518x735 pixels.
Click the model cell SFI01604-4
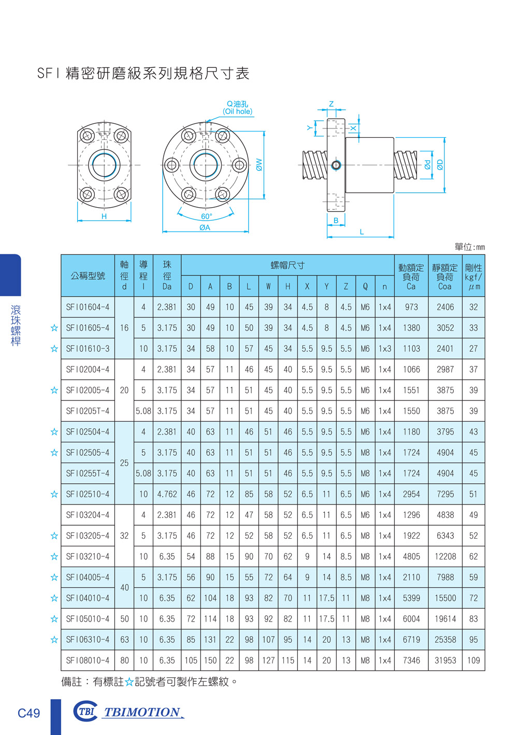click(88, 307)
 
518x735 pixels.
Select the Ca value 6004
click(411, 619)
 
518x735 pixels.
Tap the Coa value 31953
click(445, 660)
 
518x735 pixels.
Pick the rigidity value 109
click(473, 660)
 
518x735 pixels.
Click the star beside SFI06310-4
click(54, 640)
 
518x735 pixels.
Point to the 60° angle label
click(207, 217)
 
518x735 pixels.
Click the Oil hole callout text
click(238, 111)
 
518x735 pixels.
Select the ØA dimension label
click(205, 227)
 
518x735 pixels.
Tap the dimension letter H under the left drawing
click(104, 216)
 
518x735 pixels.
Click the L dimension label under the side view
click(362, 232)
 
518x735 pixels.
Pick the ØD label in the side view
click(440, 165)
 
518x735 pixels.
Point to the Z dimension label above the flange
click(332, 104)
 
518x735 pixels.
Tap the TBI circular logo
click(85, 711)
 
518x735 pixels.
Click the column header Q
click(365, 286)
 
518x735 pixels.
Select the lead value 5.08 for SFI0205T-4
click(143, 411)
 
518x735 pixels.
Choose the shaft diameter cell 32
click(124, 536)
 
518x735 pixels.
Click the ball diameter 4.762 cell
click(167, 494)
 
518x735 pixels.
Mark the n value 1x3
click(385, 349)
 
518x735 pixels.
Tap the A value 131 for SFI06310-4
click(210, 640)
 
